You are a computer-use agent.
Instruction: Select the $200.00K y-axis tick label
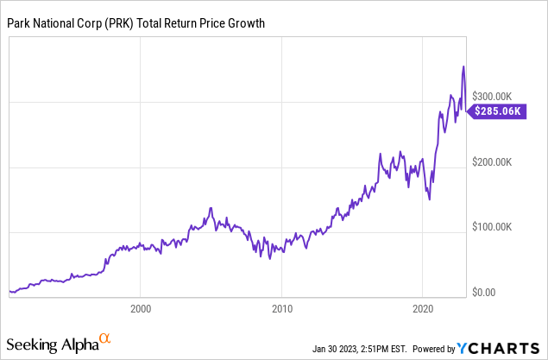[x=498, y=161]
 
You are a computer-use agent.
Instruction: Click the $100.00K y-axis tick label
[x=498, y=227]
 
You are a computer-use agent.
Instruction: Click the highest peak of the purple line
[x=463, y=66]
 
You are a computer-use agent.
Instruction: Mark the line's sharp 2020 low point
[x=429, y=199]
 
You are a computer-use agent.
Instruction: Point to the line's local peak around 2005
[x=211, y=208]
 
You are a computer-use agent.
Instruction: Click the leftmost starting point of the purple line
[x=9, y=292]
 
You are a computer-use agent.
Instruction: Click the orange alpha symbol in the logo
[x=104, y=339]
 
